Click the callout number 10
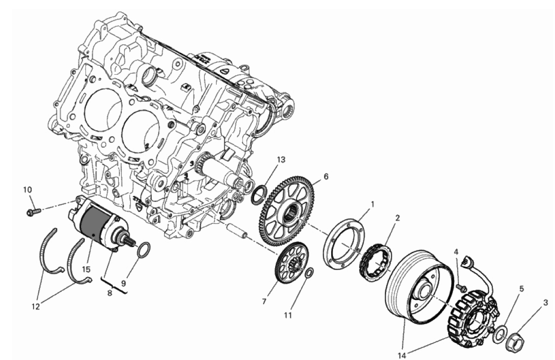click(28, 190)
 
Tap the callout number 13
click(281, 159)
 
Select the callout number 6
click(326, 176)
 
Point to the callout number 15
click(87, 270)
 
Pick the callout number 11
click(288, 315)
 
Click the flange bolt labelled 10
click(34, 212)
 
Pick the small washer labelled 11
click(309, 274)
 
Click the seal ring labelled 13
click(259, 194)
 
